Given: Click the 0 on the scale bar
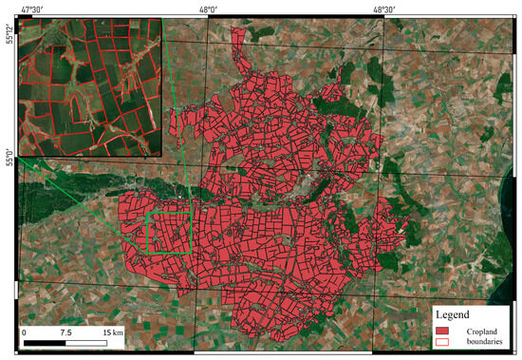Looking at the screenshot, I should (x=25, y=332).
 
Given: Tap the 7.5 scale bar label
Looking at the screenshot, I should (x=65, y=332).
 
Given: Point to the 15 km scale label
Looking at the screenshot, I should (x=110, y=332).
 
